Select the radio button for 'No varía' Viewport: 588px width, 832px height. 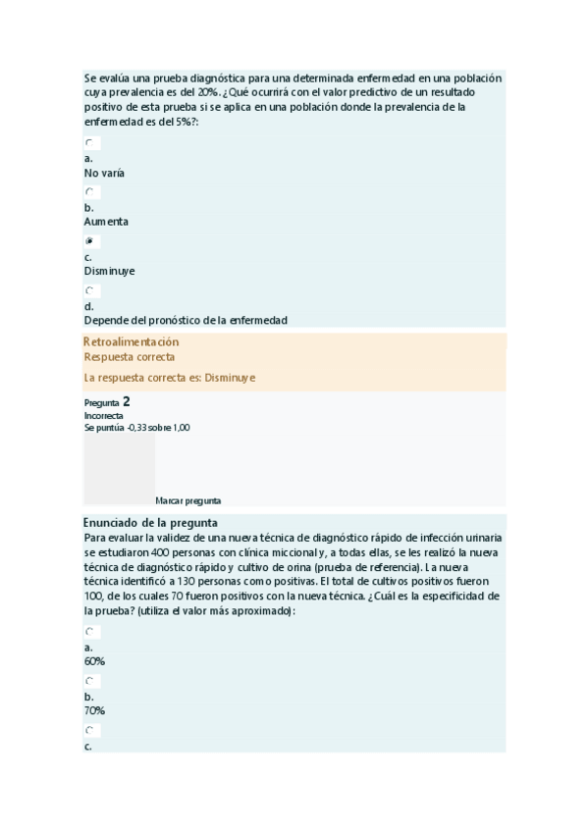[89, 143]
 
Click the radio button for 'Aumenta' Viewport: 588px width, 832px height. [89, 192]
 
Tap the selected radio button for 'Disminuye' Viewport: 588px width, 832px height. [89, 241]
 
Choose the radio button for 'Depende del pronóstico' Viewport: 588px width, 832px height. [89, 290]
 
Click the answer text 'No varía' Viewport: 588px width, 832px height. [104, 173]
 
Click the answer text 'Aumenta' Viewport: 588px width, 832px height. [106, 222]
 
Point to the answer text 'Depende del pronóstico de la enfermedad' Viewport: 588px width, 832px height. [186, 320]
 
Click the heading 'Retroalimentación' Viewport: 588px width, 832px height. [132, 341]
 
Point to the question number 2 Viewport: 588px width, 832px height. [126, 401]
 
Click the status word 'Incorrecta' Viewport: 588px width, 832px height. [104, 415]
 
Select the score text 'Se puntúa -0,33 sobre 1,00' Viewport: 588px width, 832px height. [137, 427]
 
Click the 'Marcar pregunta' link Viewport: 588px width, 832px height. [187, 499]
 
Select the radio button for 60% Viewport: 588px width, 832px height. [89, 632]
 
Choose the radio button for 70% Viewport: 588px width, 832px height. [89, 681]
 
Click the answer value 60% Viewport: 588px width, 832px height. [95, 661]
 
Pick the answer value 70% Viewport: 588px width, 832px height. [95, 710]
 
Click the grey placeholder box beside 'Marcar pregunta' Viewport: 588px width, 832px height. [119, 469]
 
